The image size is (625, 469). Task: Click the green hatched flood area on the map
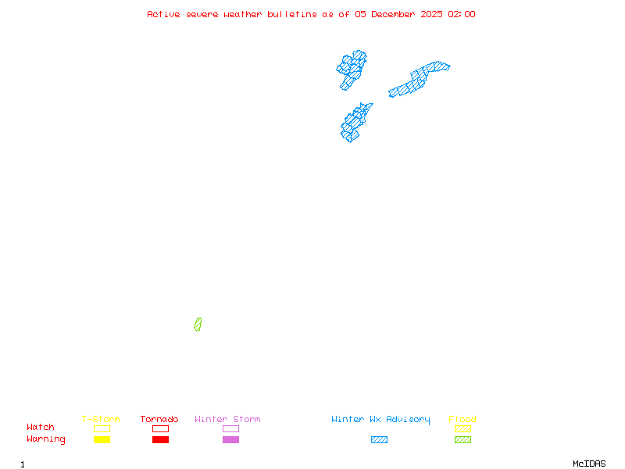click(198, 324)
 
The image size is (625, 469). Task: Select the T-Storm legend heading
click(101, 419)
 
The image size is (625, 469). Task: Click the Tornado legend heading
click(159, 419)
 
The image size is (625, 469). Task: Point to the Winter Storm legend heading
click(227, 419)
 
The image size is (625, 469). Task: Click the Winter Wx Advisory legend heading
click(380, 419)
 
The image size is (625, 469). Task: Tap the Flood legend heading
click(462, 419)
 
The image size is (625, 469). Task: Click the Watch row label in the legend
click(41, 428)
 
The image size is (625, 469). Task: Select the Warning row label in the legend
click(46, 439)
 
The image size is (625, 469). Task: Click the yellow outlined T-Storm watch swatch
click(102, 428)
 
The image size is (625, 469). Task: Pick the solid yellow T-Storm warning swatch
click(102, 439)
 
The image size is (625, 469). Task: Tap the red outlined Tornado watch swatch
click(160, 428)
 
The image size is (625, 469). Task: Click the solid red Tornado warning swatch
click(160, 439)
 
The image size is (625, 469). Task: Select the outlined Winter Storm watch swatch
click(230, 428)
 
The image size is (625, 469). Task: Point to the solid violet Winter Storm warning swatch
click(230, 439)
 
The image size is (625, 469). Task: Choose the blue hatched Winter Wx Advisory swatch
click(379, 439)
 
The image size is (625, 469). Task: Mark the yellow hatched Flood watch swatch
click(462, 428)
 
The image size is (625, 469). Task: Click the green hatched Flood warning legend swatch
click(462, 439)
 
